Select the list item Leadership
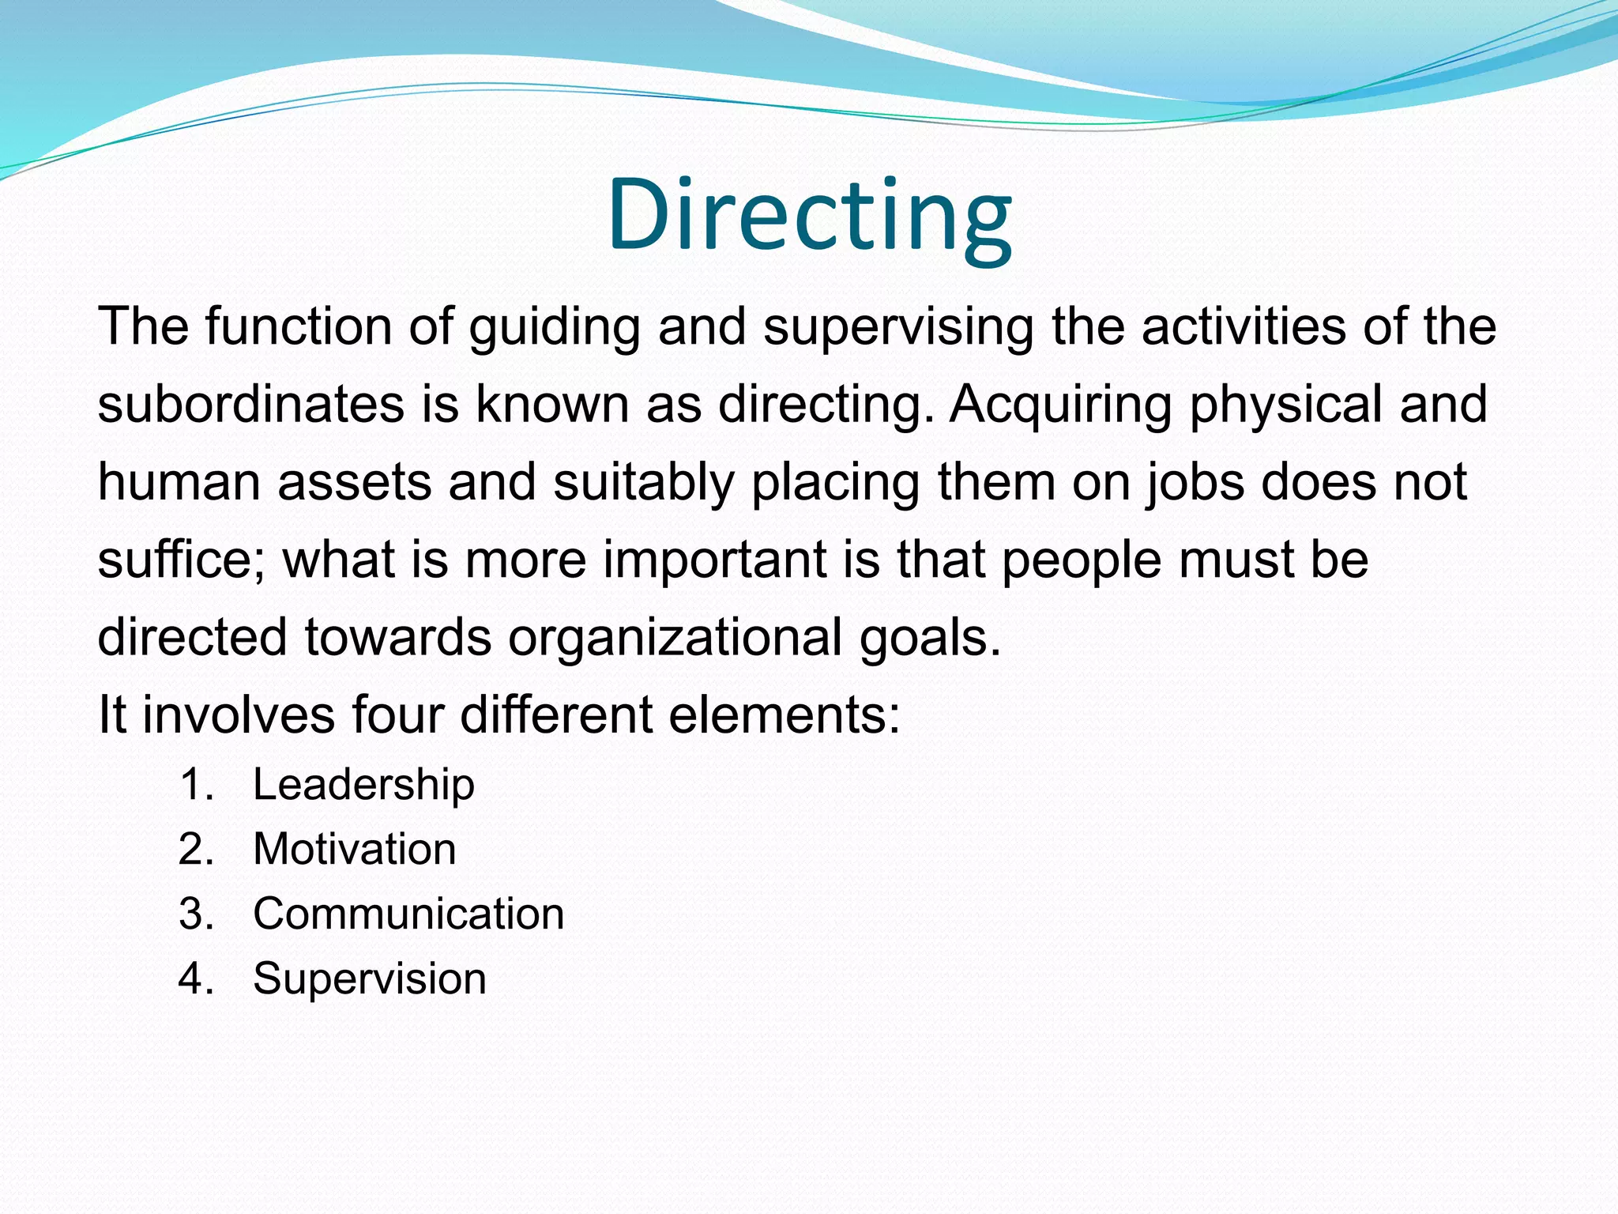point(363,785)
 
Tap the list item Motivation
point(355,850)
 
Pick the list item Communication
point(408,914)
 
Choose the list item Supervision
point(369,979)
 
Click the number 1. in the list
point(196,785)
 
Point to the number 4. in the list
point(196,979)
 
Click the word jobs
point(1195,483)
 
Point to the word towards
point(397,638)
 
